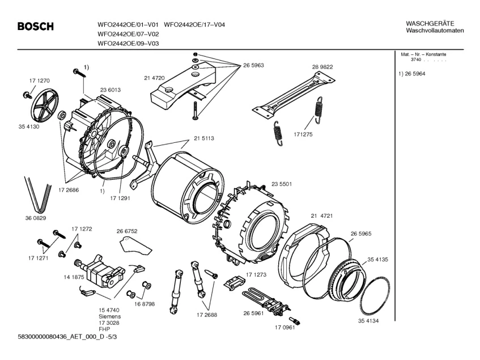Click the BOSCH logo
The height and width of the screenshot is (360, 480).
point(36,26)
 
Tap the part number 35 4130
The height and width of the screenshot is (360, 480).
point(29,127)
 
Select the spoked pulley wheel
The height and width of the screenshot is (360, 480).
point(45,104)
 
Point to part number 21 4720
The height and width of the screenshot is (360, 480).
point(154,78)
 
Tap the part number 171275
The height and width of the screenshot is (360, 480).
point(303,134)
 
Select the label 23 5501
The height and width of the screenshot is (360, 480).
point(282,184)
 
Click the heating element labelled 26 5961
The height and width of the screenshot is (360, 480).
point(266,300)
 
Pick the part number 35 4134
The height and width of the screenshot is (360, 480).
point(368,321)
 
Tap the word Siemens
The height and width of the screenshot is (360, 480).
point(109,316)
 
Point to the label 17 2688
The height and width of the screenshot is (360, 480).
point(207,315)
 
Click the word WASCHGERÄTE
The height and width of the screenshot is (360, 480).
point(426,24)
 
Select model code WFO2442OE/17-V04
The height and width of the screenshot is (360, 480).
point(194,25)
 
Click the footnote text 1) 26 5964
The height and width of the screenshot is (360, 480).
point(412,74)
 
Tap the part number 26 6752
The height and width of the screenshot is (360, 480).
point(127,231)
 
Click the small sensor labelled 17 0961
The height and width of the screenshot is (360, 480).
point(295,320)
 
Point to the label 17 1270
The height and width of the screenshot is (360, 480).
point(40,81)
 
